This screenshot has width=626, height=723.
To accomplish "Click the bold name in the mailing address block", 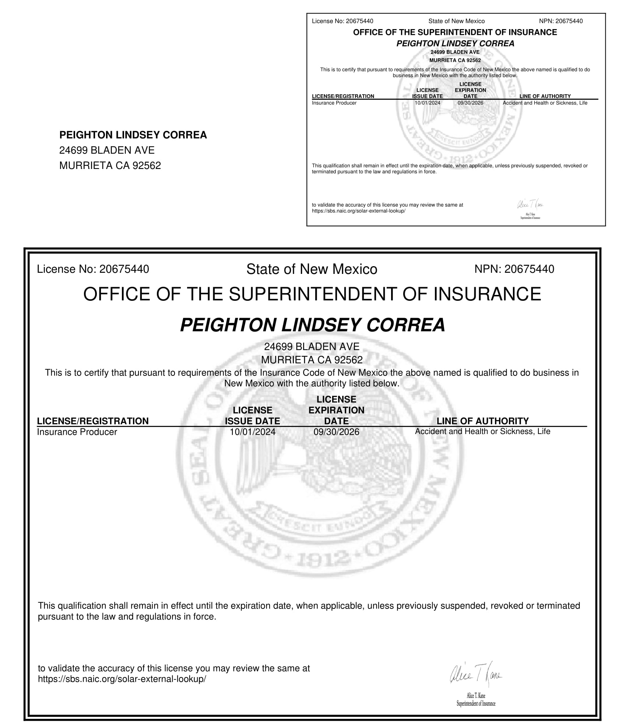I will pos(133,135).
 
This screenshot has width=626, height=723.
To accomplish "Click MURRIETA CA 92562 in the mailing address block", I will pos(110,166).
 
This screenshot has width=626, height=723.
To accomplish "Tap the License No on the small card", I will pos(342,21).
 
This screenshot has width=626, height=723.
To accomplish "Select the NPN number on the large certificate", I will pos(514,269).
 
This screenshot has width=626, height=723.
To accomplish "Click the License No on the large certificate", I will pos(93,269).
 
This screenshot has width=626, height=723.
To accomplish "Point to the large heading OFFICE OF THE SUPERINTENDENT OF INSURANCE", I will pos(312,294).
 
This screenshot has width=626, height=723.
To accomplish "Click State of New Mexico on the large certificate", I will pos(312,269).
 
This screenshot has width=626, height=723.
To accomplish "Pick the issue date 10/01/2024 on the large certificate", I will pos(252,432).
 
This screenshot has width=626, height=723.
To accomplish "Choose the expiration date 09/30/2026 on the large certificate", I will pos(336,432).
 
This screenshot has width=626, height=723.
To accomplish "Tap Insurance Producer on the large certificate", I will pos(77,432).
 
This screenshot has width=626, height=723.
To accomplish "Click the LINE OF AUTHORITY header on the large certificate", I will pos(482,421).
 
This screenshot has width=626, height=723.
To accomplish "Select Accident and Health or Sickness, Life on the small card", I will pos(545,103).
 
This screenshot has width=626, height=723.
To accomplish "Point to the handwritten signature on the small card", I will pos(530,205).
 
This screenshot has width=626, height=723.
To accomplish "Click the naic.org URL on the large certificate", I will pos(122,679).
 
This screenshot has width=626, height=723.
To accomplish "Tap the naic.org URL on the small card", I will pos(358,211).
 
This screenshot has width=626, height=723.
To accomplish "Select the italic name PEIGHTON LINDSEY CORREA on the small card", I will pos(455,43).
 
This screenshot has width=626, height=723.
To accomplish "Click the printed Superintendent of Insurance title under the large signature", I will pos(476,704).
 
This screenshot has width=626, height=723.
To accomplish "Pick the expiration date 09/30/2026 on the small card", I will pos(470,103).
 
